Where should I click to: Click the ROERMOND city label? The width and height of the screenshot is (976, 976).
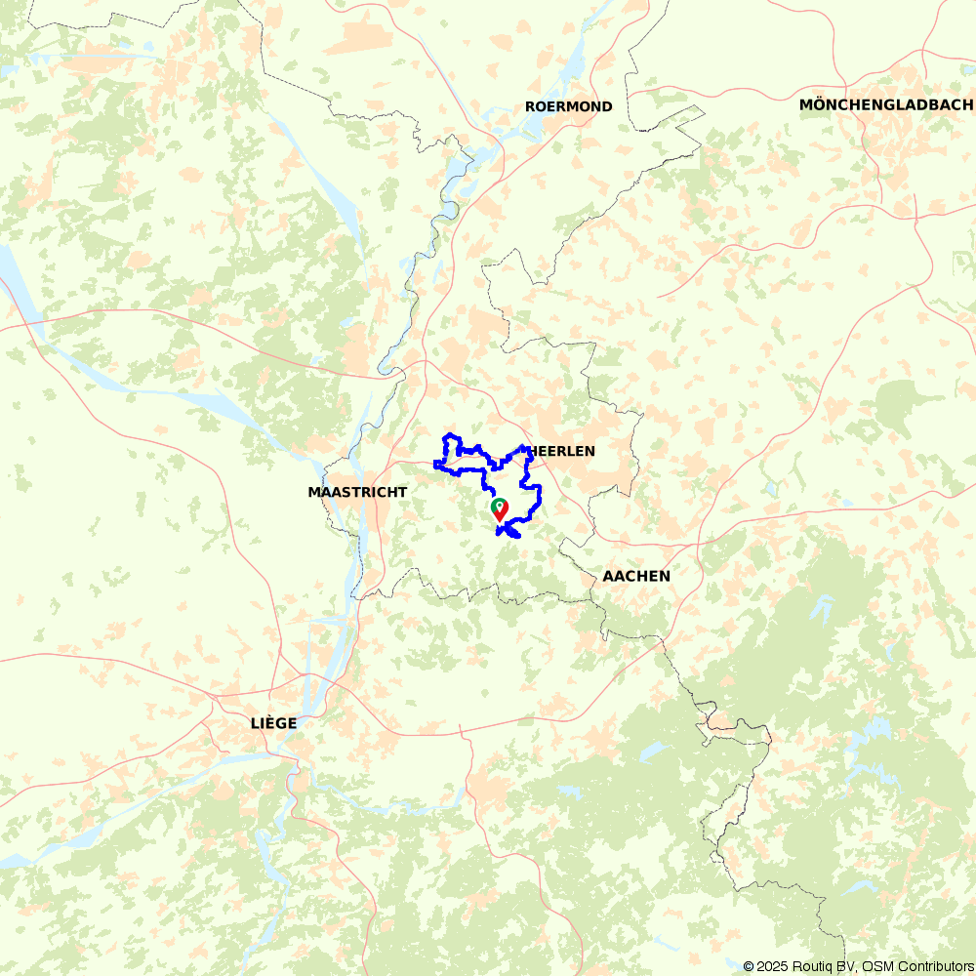click(568, 106)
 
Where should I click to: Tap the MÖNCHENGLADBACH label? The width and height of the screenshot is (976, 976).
click(885, 104)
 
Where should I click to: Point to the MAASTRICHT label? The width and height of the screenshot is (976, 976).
click(357, 492)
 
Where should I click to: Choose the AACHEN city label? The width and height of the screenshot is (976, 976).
click(636, 576)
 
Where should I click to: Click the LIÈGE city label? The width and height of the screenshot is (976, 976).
click(273, 723)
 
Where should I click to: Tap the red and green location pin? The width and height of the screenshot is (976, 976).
click(499, 508)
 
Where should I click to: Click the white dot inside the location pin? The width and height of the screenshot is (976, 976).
click(499, 505)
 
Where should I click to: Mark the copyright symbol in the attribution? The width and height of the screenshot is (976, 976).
click(749, 966)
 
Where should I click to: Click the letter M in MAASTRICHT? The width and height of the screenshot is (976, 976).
click(314, 492)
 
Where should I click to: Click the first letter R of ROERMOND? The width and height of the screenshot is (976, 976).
click(530, 106)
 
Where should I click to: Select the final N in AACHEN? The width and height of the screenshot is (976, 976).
click(665, 576)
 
